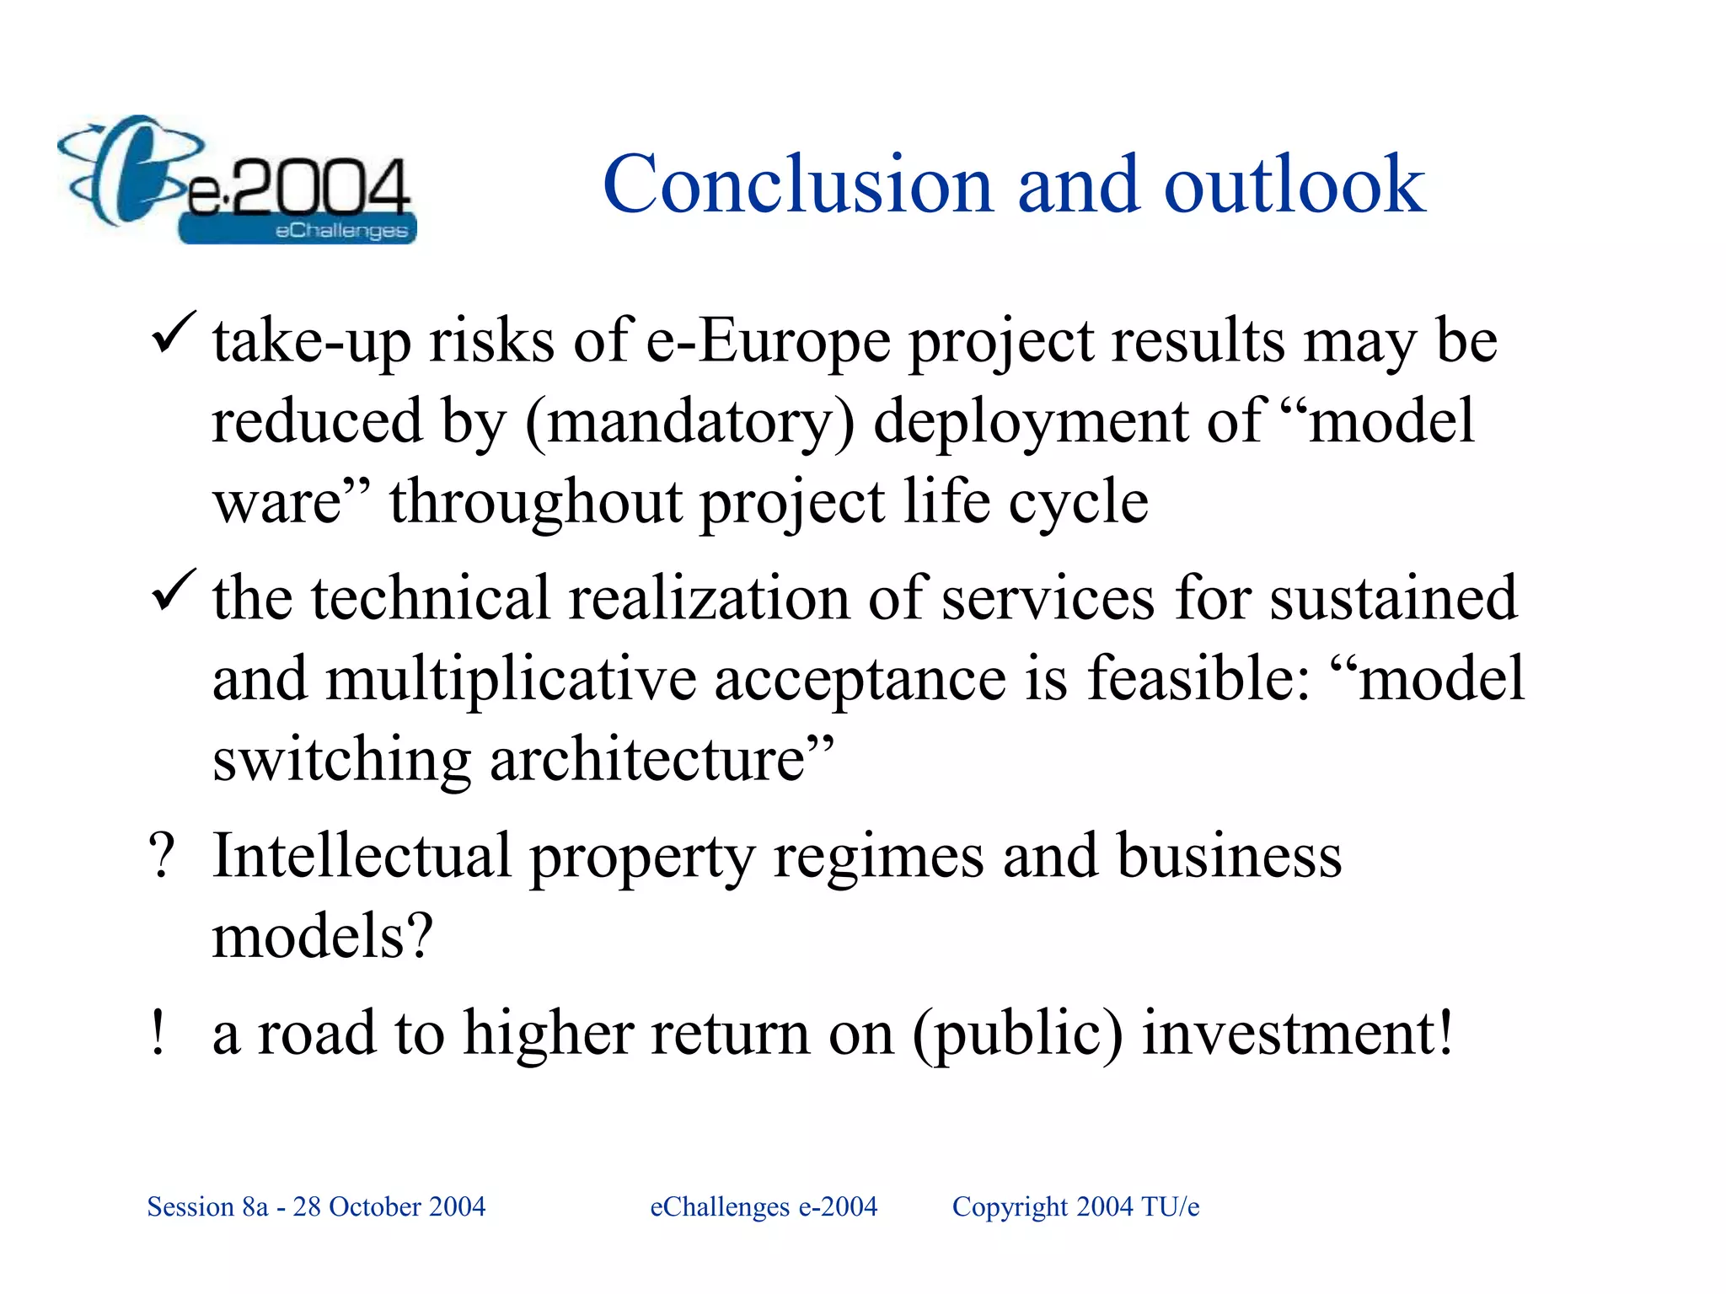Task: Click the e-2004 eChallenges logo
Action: click(x=236, y=181)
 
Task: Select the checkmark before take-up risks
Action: click(x=174, y=334)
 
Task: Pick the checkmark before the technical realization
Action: click(x=174, y=591)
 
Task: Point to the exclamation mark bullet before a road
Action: click(x=158, y=1033)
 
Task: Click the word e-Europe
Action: click(x=768, y=342)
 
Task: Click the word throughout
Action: click(x=534, y=502)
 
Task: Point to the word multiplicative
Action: click(x=511, y=679)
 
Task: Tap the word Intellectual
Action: click(x=362, y=856)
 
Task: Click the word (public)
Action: click(x=1017, y=1035)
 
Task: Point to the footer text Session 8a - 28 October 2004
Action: click(x=316, y=1206)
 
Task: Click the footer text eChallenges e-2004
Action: click(x=764, y=1206)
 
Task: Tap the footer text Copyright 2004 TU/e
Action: click(x=1075, y=1206)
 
